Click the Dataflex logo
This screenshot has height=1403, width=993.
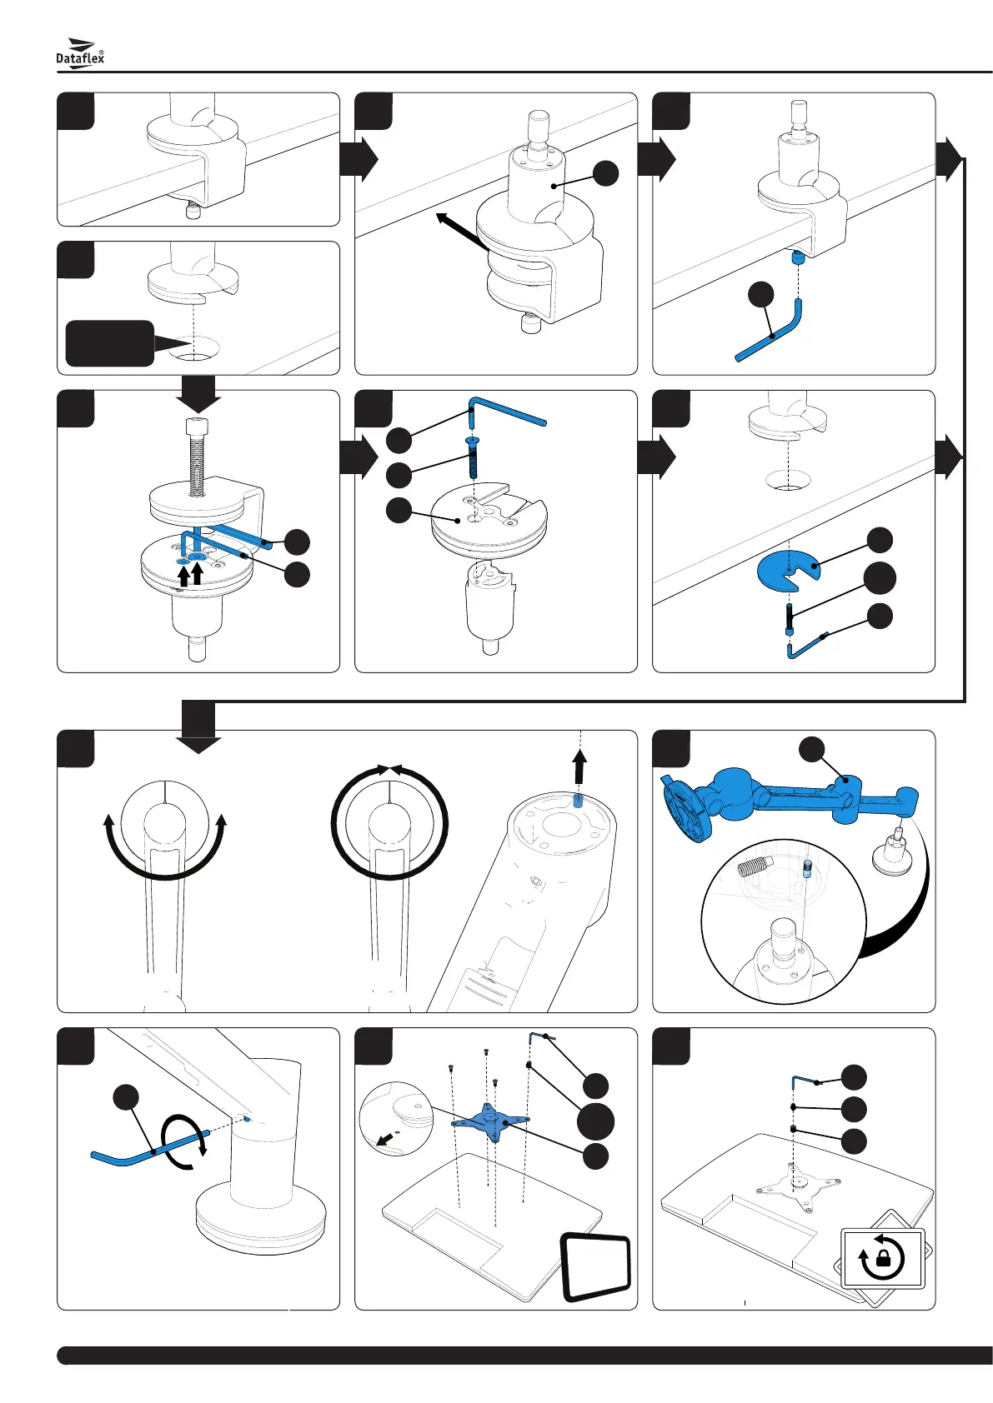[x=79, y=53]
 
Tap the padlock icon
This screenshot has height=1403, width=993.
[x=883, y=1257]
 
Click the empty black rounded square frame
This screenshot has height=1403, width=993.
[x=595, y=1268]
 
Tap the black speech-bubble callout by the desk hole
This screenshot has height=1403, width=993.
[x=119, y=343]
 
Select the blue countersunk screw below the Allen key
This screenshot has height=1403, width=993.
[x=473, y=457]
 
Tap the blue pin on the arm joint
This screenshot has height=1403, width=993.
[x=578, y=801]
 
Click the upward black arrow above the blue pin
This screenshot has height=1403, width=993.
[x=579, y=767]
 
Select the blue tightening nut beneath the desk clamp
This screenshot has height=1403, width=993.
[x=797, y=257]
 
